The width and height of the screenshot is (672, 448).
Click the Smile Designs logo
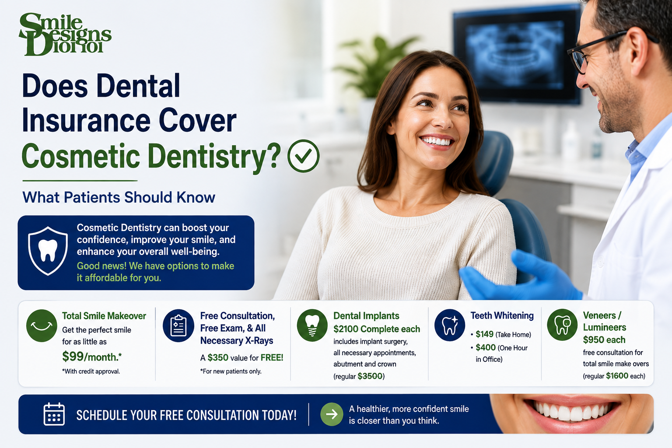(65, 34)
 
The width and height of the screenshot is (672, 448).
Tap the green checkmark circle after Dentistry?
(303, 156)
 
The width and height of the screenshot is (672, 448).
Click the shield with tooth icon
(48, 251)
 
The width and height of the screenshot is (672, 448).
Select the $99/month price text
(92, 357)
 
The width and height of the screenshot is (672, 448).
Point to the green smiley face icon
(42, 325)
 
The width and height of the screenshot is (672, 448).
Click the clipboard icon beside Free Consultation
(178, 325)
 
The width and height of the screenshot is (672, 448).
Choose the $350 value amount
(218, 357)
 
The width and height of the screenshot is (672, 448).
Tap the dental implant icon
(312, 325)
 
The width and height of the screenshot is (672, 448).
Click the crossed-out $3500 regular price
(370, 376)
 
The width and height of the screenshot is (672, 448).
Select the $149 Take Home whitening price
(484, 334)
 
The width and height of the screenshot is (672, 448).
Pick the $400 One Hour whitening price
(485, 347)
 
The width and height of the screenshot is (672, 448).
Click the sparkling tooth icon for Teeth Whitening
(450, 325)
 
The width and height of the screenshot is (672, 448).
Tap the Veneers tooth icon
(562, 325)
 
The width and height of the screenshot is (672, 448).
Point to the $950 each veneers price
(604, 339)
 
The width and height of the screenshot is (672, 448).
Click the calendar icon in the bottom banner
(54, 414)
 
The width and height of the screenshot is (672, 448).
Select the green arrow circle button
(332, 414)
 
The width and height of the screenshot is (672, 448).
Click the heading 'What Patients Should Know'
(119, 197)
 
